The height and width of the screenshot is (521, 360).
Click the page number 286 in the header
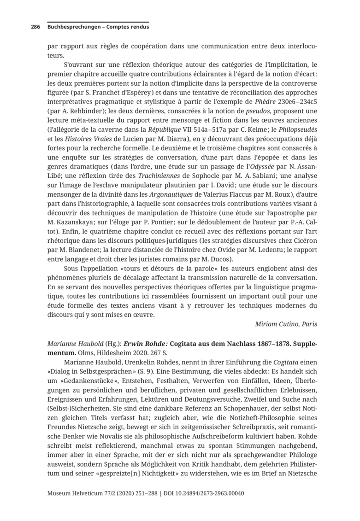pos(35,27)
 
